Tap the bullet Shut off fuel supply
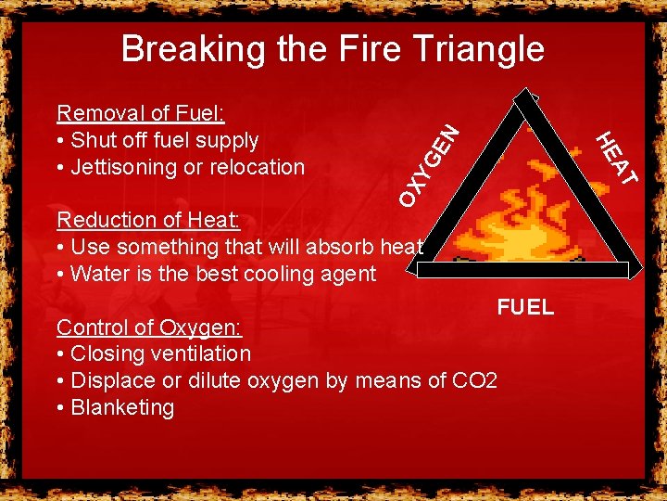tap(157, 140)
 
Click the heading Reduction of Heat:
tap(148, 220)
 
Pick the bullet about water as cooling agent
tap(216, 274)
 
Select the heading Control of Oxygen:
tap(148, 327)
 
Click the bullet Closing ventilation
tap(153, 353)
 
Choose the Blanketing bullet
tap(116, 407)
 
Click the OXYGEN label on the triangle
tap(429, 165)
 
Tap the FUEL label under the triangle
tap(525, 307)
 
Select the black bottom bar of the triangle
tap(523, 270)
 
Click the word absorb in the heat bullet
tap(332, 247)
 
